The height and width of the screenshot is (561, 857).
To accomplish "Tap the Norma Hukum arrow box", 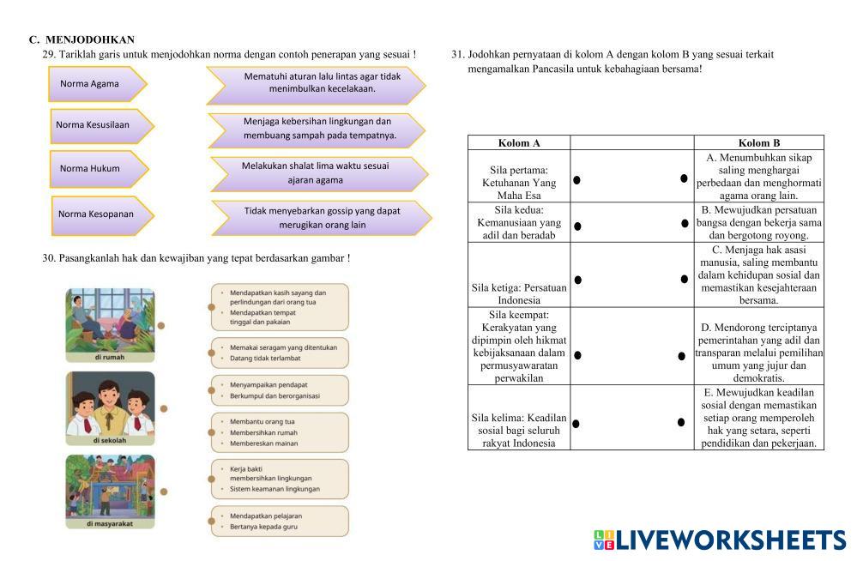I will pos(97,169).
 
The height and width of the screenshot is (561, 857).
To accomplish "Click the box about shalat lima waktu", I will pos(318,173).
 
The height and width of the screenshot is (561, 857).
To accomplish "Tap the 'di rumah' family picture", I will pos(110,324).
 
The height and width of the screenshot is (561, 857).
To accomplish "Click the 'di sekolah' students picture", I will pos(110,407).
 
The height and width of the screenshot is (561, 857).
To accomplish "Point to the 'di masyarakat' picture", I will pos(110,491).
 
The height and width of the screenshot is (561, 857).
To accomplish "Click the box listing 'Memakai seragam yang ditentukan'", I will pos(280,353).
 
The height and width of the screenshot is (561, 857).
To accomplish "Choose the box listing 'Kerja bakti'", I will pos(280,479).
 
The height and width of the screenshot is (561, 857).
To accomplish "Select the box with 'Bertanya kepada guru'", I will pos(280,521).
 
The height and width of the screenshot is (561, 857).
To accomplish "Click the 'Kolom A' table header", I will pos(519,143).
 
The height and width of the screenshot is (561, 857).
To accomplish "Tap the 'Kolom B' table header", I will pos(758,143).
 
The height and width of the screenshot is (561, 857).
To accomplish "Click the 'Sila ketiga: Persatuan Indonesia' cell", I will pos(519,294).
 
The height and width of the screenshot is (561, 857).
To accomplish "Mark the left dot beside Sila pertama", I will pos(577,180).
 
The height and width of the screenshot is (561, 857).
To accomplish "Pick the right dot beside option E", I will pos(681,422).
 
